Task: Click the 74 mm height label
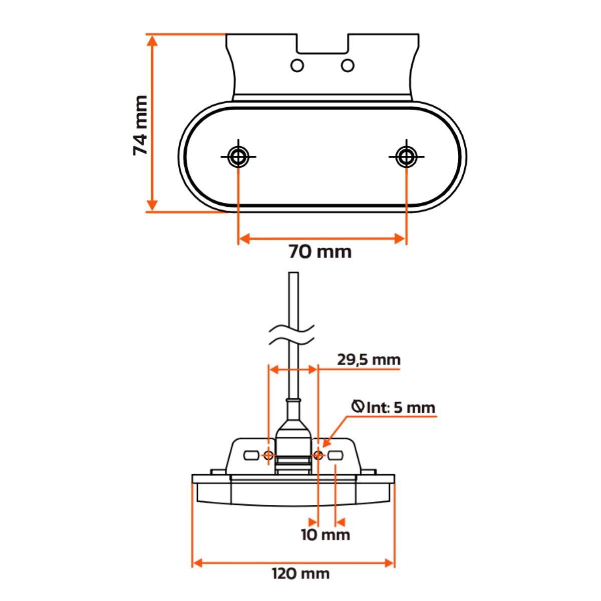coord(141,125)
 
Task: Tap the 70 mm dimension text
coord(320,251)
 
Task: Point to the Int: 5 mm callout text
coord(400,407)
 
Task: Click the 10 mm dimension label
coord(325,535)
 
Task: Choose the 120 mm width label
coord(300,573)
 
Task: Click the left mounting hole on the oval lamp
coord(238,156)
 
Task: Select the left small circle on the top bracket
coord(297,66)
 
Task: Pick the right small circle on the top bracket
coord(347,66)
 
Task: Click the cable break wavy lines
coord(292,336)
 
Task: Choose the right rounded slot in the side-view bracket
coord(335,456)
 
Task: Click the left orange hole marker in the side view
coord(269,455)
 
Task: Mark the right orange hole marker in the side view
coord(318,455)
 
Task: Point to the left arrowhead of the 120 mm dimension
coord(197,563)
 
